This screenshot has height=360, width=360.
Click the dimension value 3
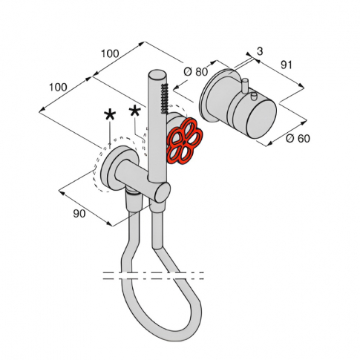pyautogui.click(x=260, y=51)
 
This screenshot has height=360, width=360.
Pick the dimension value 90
pyautogui.click(x=79, y=214)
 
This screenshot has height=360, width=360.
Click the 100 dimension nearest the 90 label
pyautogui.click(x=59, y=87)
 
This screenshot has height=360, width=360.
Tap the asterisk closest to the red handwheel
pyautogui.click(x=135, y=111)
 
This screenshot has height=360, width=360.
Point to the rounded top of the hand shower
pyautogui.click(x=157, y=74)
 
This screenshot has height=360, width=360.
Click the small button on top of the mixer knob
pyautogui.click(x=254, y=96)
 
